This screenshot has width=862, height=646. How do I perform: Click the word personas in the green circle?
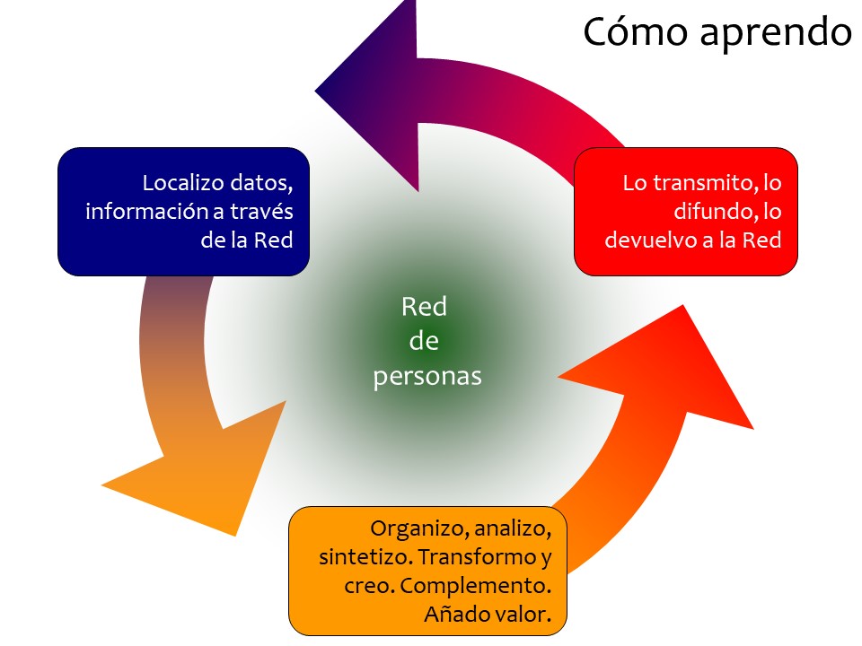pyautogui.click(x=427, y=376)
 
